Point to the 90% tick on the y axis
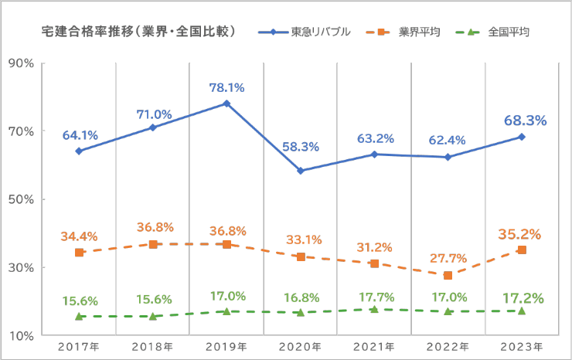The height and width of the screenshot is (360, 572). point(20,63)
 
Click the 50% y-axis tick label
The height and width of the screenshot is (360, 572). point(20,199)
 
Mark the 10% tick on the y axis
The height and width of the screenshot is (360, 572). point(20,336)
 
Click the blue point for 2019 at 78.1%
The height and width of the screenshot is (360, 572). point(226,104)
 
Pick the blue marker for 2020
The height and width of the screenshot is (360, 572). point(301,171)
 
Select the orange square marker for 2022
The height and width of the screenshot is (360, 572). point(448,275)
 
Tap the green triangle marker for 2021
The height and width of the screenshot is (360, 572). point(374,309)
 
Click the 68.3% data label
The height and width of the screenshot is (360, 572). point(525,121)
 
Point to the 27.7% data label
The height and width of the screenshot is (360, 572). point(448,258)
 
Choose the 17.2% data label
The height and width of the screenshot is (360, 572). point(523,297)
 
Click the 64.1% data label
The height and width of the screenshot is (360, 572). point(80,135)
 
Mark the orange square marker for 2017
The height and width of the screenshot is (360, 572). point(79,253)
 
